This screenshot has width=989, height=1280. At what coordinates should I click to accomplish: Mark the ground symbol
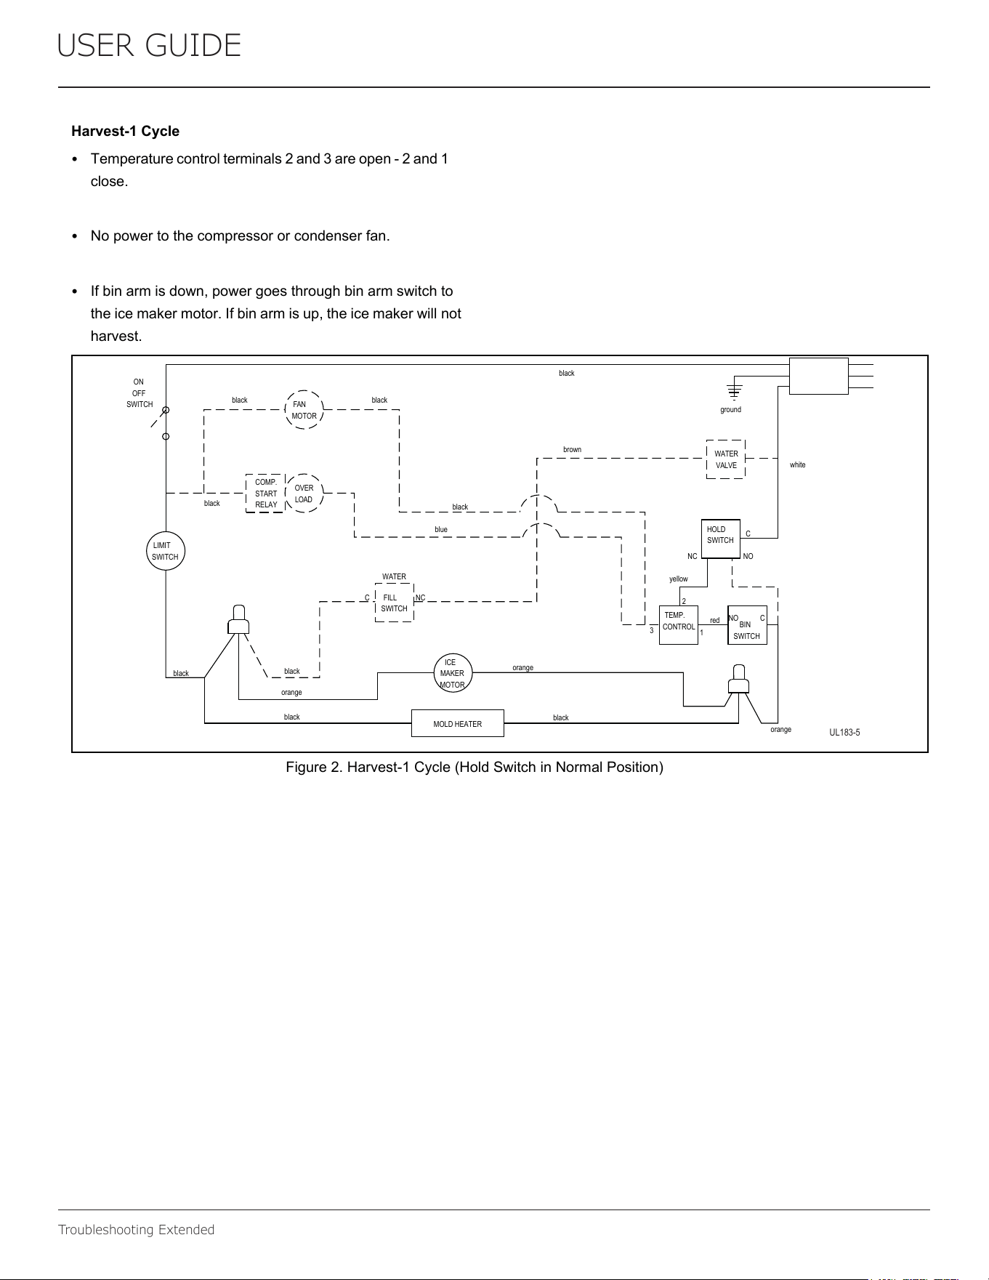click(x=735, y=388)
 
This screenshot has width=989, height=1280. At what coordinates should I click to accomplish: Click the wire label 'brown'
click(x=573, y=450)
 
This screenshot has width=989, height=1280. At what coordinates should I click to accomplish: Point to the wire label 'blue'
click(x=441, y=530)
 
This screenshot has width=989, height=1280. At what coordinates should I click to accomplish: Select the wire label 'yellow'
click(x=679, y=579)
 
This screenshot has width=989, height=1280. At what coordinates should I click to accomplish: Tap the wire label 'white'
click(x=798, y=465)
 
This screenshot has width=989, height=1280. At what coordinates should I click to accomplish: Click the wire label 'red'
click(x=715, y=621)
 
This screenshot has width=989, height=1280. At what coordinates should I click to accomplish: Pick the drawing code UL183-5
click(x=845, y=733)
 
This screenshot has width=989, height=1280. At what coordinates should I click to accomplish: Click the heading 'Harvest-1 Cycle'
click(x=125, y=132)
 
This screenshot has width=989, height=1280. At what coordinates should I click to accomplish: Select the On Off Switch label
click(x=140, y=393)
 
